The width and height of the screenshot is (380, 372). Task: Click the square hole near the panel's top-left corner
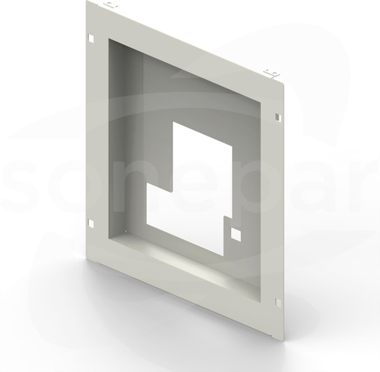point(91,38)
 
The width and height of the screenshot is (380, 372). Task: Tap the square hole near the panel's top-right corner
point(277,117)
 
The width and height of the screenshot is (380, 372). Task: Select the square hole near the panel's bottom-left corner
point(91,224)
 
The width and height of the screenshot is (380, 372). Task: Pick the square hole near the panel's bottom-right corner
point(278,302)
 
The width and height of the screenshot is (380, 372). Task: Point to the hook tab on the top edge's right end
point(270,73)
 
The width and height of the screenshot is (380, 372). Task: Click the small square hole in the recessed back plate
point(236,234)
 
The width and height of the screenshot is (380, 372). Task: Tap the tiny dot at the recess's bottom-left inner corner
point(126,231)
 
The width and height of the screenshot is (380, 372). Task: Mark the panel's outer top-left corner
point(86,1)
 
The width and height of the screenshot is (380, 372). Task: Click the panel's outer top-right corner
point(284,83)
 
